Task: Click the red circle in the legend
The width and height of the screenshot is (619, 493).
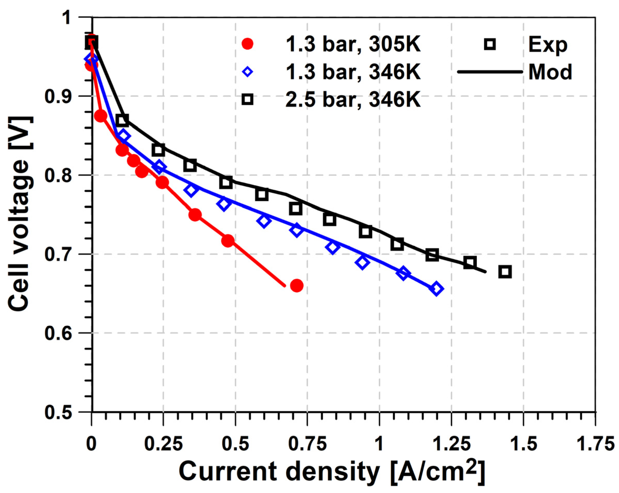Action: pyautogui.click(x=247, y=44)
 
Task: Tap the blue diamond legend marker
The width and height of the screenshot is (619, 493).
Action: pyautogui.click(x=247, y=72)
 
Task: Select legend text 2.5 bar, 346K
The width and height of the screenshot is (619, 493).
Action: pyautogui.click(x=353, y=99)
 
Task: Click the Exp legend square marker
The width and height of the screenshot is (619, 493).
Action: pyautogui.click(x=490, y=45)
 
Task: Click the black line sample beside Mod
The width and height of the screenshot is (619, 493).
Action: pyautogui.click(x=490, y=72)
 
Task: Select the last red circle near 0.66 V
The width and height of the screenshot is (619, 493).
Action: pyautogui.click(x=297, y=286)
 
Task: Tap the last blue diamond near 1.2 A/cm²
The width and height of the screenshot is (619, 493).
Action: pyautogui.click(x=436, y=289)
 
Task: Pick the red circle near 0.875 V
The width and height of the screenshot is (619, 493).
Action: pyautogui.click(x=101, y=116)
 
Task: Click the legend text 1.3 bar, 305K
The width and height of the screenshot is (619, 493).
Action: pyautogui.click(x=353, y=45)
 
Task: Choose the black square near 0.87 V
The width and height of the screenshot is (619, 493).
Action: pyautogui.click(x=122, y=120)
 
